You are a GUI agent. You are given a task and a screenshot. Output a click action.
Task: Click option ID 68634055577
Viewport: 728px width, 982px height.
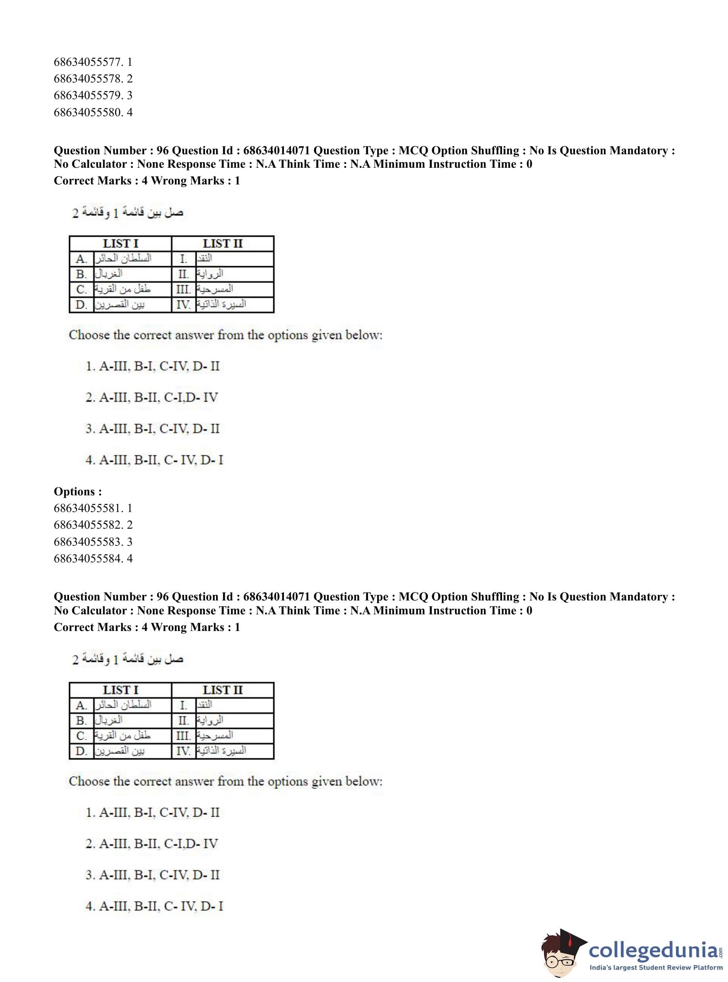[92, 62]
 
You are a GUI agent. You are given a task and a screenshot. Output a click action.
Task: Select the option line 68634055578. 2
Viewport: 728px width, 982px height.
[92, 79]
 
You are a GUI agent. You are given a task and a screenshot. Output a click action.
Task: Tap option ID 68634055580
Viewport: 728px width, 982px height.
[92, 112]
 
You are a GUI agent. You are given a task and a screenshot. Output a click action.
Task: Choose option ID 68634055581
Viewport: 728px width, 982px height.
[92, 508]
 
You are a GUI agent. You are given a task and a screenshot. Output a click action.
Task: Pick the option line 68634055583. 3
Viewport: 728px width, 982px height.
[92, 542]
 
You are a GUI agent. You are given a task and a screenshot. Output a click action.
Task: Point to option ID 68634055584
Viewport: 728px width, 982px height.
[92, 558]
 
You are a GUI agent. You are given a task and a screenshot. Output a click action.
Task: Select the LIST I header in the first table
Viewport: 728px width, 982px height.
[120, 243]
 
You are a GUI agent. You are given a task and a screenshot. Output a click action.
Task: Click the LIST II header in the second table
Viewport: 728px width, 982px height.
[222, 690]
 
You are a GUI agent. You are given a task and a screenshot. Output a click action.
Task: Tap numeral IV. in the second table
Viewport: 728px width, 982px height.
[183, 751]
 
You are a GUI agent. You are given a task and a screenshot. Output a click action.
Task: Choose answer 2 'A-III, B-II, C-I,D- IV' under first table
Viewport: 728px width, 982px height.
[152, 397]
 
